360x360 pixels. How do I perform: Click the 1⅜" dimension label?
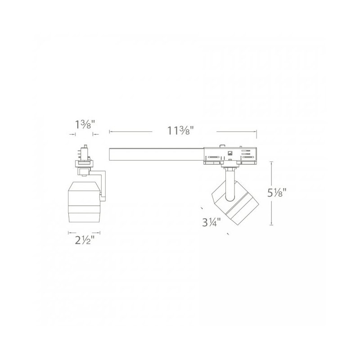tap(85, 125)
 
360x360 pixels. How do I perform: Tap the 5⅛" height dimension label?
tap(277, 193)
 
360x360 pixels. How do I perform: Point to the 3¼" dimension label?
tap(211, 222)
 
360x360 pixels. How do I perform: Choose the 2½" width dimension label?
tap(85, 240)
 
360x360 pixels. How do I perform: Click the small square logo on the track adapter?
tap(229, 153)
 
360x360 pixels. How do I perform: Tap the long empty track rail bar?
tap(156, 154)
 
